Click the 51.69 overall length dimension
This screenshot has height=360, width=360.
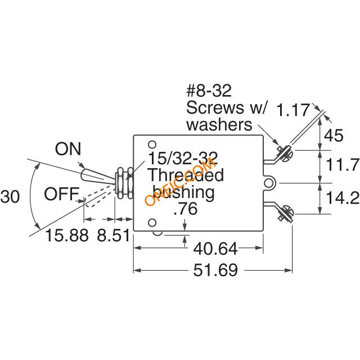pos(215,270)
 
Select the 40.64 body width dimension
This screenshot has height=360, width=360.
pos(215,249)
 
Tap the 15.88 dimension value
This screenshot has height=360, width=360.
pos(67,235)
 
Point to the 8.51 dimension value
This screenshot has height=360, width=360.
pos(114,235)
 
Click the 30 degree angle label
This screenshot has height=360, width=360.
pos(10,196)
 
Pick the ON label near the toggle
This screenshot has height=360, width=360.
pos(68,148)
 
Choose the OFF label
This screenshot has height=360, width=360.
pos(62,194)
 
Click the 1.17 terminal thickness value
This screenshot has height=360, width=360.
pos(294,110)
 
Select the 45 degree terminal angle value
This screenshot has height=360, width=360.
pos(334,135)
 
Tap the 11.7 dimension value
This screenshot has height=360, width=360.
pos(343,164)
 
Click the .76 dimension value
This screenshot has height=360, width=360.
pos(186,209)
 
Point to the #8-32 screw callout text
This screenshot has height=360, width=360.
pos(209,91)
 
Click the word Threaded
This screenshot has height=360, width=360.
pos(186,175)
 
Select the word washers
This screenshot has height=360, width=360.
pos(219,125)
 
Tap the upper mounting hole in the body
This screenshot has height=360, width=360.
pos(152,145)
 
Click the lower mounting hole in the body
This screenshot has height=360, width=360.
pos(152,223)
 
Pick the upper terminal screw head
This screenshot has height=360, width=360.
pos(288,155)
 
